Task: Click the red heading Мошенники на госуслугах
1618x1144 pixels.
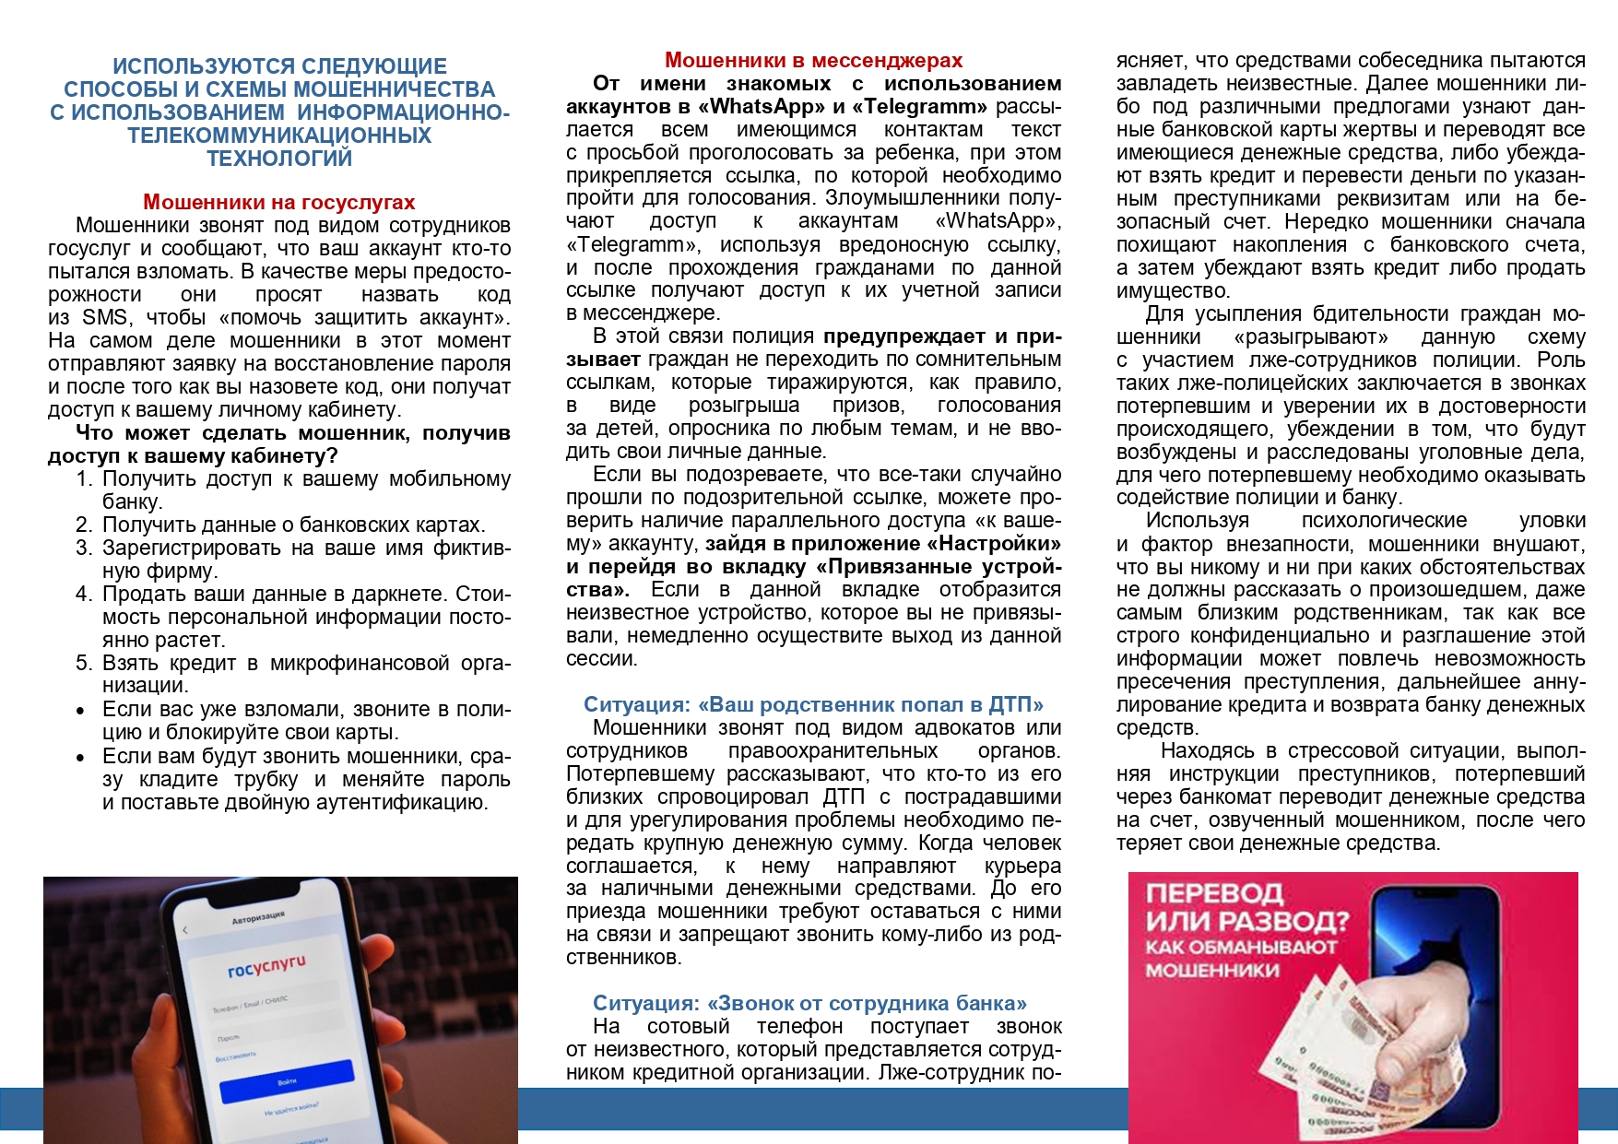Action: [x=278, y=202]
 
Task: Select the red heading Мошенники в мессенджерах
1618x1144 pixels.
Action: [x=813, y=60]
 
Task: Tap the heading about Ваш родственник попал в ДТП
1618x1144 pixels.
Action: [x=813, y=704]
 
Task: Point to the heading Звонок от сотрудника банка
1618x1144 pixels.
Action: [x=809, y=1003]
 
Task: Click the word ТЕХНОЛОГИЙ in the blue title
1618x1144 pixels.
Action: [x=279, y=159]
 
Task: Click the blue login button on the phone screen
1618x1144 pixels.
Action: [x=287, y=1080]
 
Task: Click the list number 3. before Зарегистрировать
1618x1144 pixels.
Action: [x=85, y=548]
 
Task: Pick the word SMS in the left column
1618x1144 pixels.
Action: [x=105, y=317]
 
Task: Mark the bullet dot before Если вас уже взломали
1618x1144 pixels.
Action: [x=82, y=711]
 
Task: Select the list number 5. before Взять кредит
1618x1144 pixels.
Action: [x=85, y=663]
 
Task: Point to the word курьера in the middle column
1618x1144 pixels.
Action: [x=1022, y=866]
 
